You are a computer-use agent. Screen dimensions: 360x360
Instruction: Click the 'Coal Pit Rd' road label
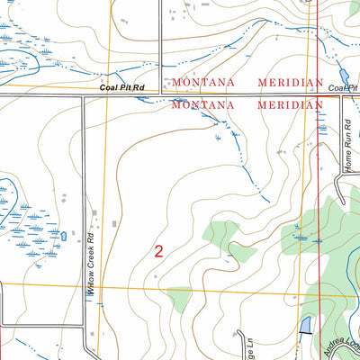click(x=124, y=87)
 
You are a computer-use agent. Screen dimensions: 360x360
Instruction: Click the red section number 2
click(x=159, y=252)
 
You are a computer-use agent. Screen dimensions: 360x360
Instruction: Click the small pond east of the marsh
click(x=63, y=237)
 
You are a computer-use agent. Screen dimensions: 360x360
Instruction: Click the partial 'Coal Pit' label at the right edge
click(x=344, y=88)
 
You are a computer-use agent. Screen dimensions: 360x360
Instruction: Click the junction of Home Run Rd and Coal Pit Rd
click(x=341, y=94)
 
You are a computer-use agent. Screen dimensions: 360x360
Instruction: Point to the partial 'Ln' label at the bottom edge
click(x=242, y=346)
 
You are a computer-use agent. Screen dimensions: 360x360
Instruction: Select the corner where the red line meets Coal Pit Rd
click(x=319, y=94)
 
